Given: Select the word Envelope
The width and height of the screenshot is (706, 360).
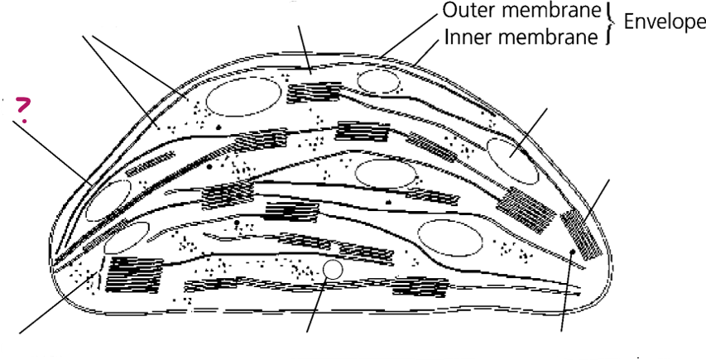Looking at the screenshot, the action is click(x=665, y=22).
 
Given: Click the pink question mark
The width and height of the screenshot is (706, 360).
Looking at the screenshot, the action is click(x=23, y=109).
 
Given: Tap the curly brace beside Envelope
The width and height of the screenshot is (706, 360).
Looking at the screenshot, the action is click(x=609, y=24).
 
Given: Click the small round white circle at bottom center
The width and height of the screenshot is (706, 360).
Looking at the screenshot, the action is click(x=333, y=270).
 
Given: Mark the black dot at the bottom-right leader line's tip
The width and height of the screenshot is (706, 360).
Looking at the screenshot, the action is click(x=572, y=252).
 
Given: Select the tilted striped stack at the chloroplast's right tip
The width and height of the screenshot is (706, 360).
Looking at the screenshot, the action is click(x=581, y=234).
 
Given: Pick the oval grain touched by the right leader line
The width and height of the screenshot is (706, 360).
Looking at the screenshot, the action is click(x=512, y=161).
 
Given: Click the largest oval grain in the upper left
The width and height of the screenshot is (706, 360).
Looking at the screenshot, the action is click(x=243, y=97).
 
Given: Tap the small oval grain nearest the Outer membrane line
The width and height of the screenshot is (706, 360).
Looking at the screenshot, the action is click(x=378, y=81).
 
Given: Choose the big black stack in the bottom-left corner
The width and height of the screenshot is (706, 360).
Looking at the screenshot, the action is click(x=133, y=275).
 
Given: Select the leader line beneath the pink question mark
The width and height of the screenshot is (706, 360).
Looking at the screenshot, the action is click(x=52, y=152).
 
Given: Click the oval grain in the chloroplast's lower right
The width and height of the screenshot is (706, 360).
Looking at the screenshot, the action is click(x=450, y=238).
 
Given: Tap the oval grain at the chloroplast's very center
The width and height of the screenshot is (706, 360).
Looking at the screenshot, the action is click(x=386, y=174).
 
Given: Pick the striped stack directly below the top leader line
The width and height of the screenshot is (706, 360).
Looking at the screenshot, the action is click(x=314, y=92).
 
